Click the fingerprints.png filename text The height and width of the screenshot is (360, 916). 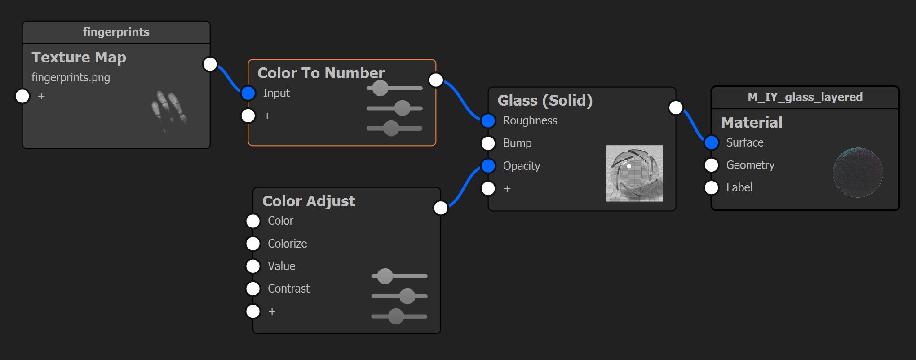click(x=71, y=77)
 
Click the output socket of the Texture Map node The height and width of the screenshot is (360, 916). click(x=210, y=64)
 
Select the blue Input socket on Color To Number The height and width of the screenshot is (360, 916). click(x=248, y=93)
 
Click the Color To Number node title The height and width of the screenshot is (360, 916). click(x=321, y=73)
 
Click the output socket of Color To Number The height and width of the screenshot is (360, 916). click(x=436, y=80)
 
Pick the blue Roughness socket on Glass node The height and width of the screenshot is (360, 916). click(x=488, y=120)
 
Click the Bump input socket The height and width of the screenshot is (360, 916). click(x=488, y=143)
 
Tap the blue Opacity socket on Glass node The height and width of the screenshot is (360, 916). click(x=488, y=166)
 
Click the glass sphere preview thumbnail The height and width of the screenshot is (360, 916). click(x=634, y=173)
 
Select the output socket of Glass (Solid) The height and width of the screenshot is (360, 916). click(x=676, y=107)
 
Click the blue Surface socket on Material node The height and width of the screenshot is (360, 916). click(x=712, y=142)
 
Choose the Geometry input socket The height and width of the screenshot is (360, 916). click(x=712, y=165)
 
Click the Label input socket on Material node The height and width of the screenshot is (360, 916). click(x=712, y=187)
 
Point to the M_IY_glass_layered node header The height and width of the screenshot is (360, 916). click(x=805, y=97)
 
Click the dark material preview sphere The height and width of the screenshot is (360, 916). click(x=858, y=173)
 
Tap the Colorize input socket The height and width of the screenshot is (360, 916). click(x=253, y=244)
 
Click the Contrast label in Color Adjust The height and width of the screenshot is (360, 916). click(x=288, y=289)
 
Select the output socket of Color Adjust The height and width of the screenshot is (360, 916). click(x=441, y=208)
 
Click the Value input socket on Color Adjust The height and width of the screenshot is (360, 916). click(x=253, y=266)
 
